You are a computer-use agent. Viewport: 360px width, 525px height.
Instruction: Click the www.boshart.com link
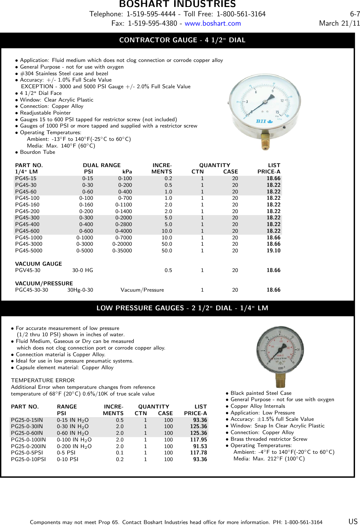212,24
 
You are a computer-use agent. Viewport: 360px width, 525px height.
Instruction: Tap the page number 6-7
355,14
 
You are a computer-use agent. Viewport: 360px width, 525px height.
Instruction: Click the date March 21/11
339,23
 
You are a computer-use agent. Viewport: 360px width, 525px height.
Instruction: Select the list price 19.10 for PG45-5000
273,251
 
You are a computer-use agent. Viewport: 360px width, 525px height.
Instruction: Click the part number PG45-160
27,205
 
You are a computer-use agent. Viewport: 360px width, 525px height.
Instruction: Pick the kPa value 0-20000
122,244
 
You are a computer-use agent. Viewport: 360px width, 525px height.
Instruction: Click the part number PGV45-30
28,270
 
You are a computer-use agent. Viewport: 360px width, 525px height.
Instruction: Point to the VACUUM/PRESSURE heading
44,283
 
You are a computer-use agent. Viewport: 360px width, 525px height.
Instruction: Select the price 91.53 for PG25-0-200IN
200,446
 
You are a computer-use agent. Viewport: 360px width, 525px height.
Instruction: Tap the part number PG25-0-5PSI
27,453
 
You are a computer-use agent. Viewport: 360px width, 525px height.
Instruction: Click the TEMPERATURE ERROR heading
43,380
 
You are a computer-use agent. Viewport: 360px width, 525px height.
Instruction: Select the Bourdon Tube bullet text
37,152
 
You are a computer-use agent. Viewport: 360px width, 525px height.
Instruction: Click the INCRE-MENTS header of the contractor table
162,168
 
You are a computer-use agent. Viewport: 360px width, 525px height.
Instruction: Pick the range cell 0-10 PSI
68,459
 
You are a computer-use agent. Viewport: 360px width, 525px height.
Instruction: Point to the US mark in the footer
353,521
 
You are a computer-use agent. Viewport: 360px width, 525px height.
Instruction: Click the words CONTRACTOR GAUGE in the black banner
158,40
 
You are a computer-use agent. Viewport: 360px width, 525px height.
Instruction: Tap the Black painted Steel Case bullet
261,393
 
